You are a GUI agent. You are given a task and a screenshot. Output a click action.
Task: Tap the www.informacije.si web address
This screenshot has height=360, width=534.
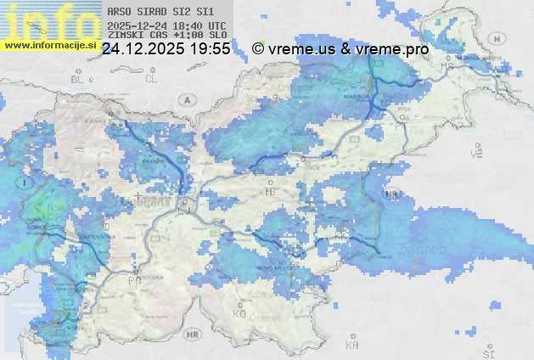coord(49,45)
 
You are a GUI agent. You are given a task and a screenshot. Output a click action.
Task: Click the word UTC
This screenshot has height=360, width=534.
coord(216,25)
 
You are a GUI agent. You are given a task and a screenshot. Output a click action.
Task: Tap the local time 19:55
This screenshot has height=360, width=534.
coord(211,49)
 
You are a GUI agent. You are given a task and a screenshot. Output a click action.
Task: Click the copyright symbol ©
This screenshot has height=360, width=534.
coord(258,49)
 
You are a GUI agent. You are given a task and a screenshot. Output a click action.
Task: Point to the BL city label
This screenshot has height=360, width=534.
coord(80,79)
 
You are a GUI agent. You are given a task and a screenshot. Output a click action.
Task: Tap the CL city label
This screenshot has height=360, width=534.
coord(152,79)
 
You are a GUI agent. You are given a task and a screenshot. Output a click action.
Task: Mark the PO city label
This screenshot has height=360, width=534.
coord(133,279)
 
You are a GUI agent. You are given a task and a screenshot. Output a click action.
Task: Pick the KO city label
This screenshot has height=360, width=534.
coord(240,313)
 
